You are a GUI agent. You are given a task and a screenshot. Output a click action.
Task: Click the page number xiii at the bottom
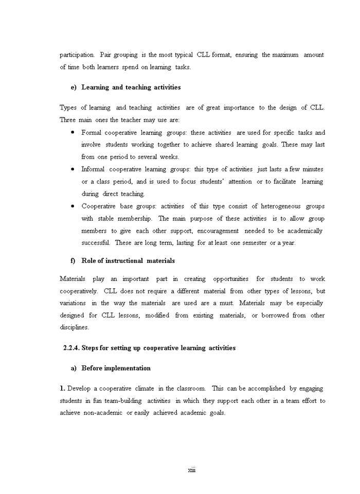pyautogui.click(x=191, y=470)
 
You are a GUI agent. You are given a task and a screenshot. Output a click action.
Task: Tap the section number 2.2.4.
pyautogui.click(x=71, y=348)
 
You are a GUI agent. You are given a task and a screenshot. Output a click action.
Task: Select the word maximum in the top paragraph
pyautogui.click(x=285, y=55)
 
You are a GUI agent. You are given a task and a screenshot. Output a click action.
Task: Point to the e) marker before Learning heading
pyautogui.click(x=74, y=87)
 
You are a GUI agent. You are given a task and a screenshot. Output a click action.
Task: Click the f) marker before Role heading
pyautogui.click(x=73, y=261)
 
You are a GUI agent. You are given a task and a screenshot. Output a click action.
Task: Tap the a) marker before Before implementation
pyautogui.click(x=74, y=368)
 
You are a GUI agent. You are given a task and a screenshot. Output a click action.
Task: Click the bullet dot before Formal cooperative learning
pyautogui.click(x=73, y=132)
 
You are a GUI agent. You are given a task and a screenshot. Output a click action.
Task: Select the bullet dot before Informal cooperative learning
pyautogui.click(x=73, y=169)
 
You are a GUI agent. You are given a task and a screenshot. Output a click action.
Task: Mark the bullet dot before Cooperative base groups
pyautogui.click(x=73, y=206)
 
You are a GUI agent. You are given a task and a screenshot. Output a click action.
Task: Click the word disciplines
pyautogui.click(x=74, y=327)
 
